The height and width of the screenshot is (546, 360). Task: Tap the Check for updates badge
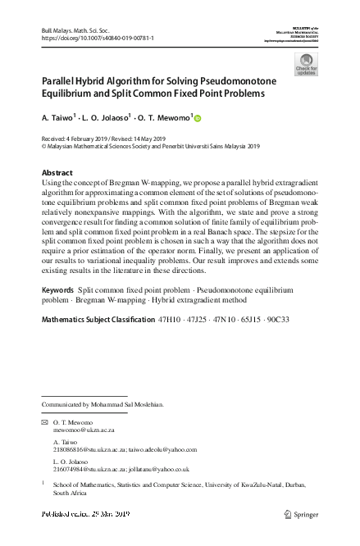[x=306, y=65]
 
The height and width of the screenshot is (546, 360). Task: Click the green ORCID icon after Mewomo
[x=198, y=118]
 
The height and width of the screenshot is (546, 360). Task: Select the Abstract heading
[x=57, y=172]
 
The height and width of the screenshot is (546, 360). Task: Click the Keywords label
[x=57, y=290]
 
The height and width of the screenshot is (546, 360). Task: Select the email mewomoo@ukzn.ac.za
[x=84, y=429]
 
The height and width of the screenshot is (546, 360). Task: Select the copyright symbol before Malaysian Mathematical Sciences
[x=43, y=148]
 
